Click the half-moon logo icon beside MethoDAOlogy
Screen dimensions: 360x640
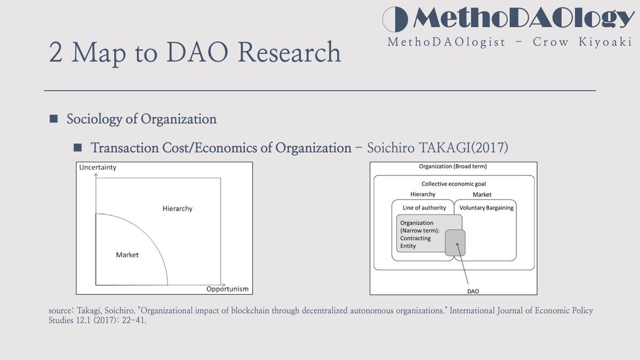point(396,19)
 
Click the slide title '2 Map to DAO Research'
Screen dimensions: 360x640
point(195,52)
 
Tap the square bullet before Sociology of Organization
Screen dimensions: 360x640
point(53,119)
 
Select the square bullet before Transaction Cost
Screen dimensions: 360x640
point(78,147)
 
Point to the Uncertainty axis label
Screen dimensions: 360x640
point(98,167)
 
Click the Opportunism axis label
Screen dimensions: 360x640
point(227,289)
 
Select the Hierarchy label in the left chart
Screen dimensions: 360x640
point(177,209)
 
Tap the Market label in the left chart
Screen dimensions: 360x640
point(127,254)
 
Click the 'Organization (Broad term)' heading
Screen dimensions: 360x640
point(453,166)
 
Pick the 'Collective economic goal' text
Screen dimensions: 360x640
point(453,184)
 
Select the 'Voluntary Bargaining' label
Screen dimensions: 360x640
point(486,207)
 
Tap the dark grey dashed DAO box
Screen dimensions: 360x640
point(455,243)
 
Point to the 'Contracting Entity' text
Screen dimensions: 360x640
point(415,242)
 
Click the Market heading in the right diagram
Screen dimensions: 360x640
point(482,195)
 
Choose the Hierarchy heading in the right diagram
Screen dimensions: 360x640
point(422,195)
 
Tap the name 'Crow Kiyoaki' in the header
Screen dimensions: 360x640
point(582,42)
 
